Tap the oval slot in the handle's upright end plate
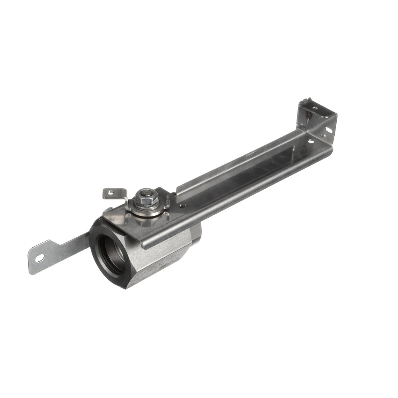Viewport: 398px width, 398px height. coord(329,130)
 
